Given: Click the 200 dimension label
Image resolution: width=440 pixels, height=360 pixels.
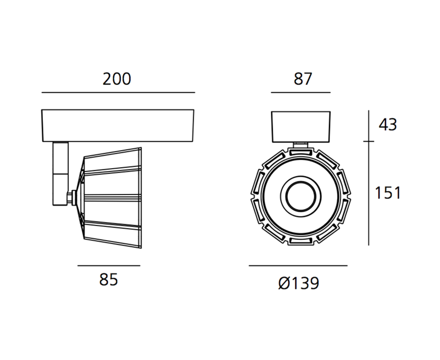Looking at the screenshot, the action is point(117,79).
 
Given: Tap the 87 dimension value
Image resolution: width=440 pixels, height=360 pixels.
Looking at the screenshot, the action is point(303,79).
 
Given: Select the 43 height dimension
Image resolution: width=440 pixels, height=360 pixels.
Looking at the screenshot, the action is point(388,124).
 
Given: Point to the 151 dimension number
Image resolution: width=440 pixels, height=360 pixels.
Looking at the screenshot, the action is point(388,193).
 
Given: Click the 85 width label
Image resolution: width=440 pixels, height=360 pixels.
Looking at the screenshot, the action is point(108,280).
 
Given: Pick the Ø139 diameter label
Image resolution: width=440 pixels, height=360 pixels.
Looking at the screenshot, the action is point(299,283).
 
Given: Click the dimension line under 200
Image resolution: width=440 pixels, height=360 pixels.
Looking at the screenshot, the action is point(118,92).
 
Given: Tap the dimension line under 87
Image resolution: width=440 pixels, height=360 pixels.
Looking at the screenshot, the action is point(300,92).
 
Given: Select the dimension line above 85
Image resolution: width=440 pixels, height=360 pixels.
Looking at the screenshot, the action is point(109,265).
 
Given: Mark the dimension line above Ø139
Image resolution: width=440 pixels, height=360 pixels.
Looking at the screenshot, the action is point(298,265).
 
